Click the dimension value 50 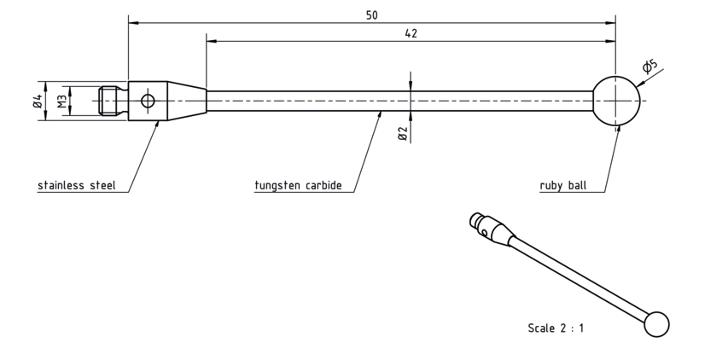[x=372, y=15]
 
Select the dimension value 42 [x=411, y=33]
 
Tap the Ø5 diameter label [x=650, y=66]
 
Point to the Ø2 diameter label [x=403, y=133]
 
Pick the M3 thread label [x=62, y=102]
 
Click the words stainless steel [x=77, y=185]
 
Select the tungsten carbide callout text [x=298, y=185]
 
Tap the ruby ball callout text [x=563, y=185]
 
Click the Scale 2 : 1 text [x=556, y=328]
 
